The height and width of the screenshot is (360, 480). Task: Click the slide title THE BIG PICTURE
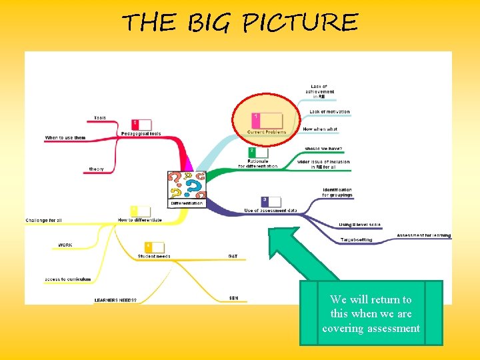[x=240, y=23]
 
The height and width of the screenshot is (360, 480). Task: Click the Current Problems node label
[x=267, y=132]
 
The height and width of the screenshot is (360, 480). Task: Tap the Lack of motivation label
[x=329, y=112]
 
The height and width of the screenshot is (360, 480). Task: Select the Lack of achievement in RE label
[x=322, y=91]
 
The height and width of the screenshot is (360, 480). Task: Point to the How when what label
[x=320, y=129]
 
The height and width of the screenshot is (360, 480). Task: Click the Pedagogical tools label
[x=141, y=133]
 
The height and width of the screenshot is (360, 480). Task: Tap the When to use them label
[x=65, y=138]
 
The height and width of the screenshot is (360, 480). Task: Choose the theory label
[x=97, y=169]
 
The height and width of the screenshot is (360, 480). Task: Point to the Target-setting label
[x=357, y=239]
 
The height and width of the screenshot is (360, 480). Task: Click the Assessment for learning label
[x=424, y=235]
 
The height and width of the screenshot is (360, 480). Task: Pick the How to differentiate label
[x=140, y=220]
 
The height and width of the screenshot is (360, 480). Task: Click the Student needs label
[x=154, y=256]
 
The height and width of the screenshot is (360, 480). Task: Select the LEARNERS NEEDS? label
[x=115, y=300]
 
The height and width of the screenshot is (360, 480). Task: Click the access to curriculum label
[x=67, y=279]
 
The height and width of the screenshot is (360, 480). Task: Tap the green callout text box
[x=371, y=313]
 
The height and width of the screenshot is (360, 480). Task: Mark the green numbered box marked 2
[x=252, y=152]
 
